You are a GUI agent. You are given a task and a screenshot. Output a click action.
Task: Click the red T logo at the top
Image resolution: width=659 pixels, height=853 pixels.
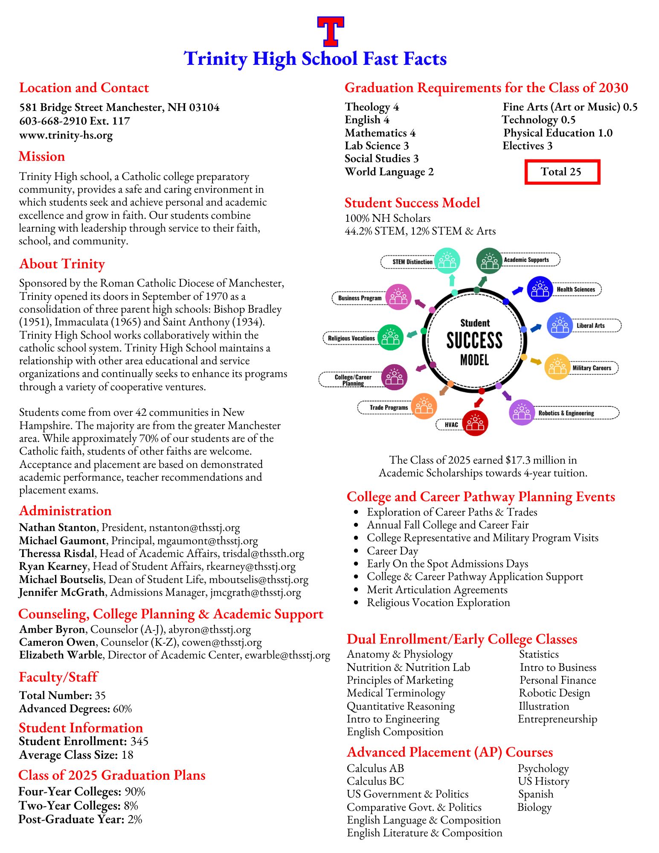click(331, 31)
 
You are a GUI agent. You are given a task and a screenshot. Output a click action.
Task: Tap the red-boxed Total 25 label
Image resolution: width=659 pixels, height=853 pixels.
click(562, 172)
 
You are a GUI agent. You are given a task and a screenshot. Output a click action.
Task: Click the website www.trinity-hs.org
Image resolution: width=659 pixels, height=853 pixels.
click(66, 136)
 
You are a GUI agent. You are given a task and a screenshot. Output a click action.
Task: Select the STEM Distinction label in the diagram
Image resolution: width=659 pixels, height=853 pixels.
click(412, 262)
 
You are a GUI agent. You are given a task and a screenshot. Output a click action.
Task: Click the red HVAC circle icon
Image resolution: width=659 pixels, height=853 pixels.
click(475, 423)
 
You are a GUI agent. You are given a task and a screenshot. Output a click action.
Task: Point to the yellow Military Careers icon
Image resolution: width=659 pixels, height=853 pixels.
click(557, 367)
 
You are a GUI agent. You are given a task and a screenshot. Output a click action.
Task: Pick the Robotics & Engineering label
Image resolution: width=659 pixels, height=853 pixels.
click(566, 413)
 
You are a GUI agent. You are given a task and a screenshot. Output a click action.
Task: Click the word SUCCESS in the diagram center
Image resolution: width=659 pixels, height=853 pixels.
click(474, 341)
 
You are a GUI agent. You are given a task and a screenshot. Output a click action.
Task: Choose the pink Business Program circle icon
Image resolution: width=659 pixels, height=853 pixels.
click(398, 297)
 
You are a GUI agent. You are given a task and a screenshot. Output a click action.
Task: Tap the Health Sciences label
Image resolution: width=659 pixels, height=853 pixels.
click(575, 289)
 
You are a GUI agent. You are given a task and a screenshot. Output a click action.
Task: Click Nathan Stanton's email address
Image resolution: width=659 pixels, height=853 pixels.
click(194, 528)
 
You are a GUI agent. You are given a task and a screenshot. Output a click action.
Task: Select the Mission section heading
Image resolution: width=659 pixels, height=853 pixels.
click(42, 157)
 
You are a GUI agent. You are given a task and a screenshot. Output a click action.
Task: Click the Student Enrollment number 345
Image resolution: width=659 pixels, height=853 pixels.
click(139, 741)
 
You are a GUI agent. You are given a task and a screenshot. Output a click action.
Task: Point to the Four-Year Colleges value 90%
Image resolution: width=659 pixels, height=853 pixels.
click(135, 792)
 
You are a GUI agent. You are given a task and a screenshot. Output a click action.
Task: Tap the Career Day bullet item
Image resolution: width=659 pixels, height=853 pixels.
click(392, 551)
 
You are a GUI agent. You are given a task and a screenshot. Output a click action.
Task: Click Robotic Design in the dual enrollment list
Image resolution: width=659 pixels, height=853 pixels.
click(554, 693)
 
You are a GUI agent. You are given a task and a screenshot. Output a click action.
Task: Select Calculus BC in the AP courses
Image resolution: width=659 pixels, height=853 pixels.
click(375, 781)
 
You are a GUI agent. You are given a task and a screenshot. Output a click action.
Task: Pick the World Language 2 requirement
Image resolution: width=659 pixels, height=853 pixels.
click(389, 172)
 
